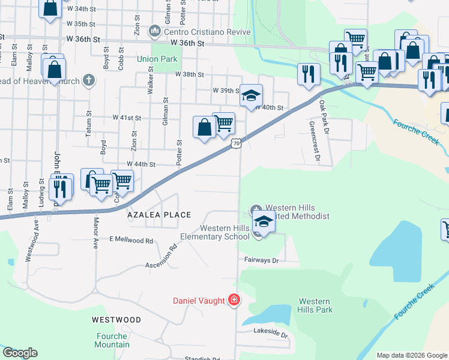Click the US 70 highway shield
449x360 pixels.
(237, 143)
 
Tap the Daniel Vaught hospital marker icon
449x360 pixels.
(234, 300)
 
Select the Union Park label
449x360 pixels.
(157, 59)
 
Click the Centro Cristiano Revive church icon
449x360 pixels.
(155, 30)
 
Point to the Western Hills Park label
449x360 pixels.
(315, 305)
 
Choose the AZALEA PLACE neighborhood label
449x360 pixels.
(158, 215)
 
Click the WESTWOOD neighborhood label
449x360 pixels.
(116, 320)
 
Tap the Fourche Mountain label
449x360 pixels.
(112, 340)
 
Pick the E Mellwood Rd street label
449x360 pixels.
(131, 240)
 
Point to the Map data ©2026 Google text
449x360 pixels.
(411, 355)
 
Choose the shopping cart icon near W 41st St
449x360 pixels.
(223, 124)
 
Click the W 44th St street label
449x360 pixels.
(140, 164)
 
